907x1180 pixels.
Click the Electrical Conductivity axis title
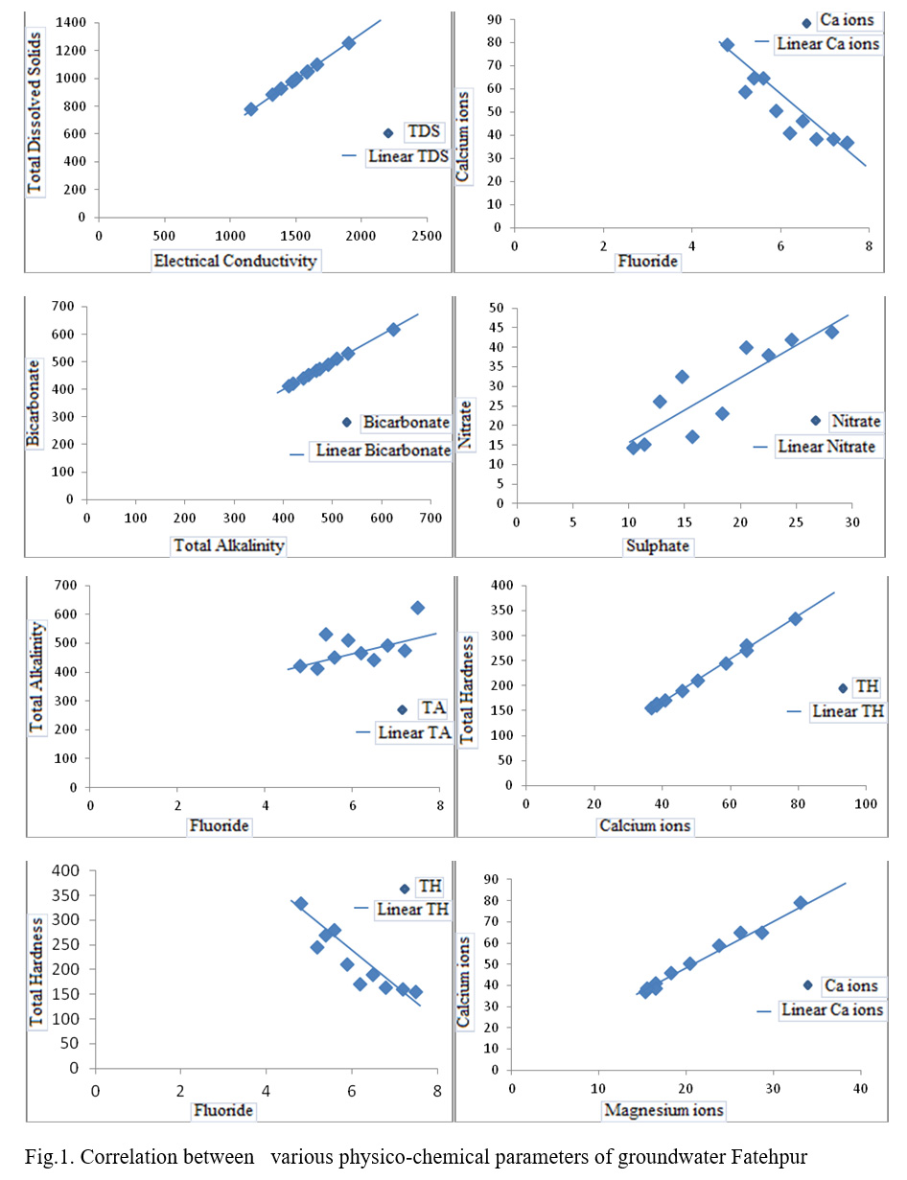(235, 260)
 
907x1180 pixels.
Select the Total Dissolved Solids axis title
(35, 113)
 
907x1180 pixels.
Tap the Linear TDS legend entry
(407, 157)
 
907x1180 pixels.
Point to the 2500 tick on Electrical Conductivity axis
(427, 236)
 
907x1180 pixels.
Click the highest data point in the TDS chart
(349, 43)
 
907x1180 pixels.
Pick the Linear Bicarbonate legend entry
(380, 451)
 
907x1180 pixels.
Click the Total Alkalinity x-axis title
(228, 545)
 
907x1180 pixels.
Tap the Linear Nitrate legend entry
(826, 446)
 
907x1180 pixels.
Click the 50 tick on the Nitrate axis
(498, 308)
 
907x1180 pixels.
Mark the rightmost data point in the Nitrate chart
(831, 332)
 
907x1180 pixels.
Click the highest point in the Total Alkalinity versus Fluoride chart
(417, 608)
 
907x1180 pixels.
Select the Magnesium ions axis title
(663, 1110)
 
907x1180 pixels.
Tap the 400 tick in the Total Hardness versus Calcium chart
(502, 585)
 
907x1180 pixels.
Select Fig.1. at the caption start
(48, 1155)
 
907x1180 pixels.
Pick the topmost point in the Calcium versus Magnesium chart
(801, 903)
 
